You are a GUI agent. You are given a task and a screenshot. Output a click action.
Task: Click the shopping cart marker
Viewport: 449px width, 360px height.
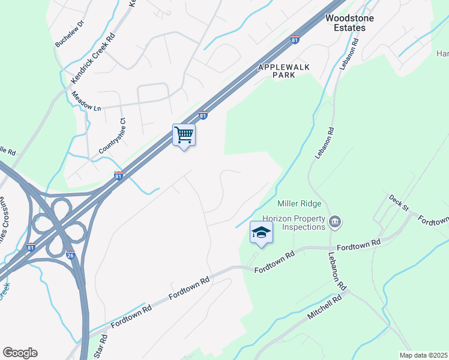[x=184, y=135]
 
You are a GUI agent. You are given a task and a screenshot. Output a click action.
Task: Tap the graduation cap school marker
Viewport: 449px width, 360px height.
[x=261, y=232]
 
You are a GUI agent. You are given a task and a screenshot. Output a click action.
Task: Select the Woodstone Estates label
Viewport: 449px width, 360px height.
[x=349, y=23]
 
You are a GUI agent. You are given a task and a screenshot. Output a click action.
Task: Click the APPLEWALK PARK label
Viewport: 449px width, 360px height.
[x=284, y=71]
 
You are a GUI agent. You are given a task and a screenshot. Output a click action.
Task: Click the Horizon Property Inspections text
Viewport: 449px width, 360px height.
[x=294, y=223]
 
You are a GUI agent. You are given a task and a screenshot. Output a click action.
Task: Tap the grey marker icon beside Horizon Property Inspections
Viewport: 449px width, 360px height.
[x=336, y=223]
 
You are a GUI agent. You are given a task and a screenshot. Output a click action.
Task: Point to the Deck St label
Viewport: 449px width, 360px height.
[x=398, y=203]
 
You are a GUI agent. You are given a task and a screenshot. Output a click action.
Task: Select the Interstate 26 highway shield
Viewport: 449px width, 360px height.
[x=70, y=254]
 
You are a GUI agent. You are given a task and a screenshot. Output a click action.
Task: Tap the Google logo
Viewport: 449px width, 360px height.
[x=20, y=353]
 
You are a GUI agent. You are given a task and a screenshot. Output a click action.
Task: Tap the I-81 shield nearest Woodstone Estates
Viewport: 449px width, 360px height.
[x=295, y=40]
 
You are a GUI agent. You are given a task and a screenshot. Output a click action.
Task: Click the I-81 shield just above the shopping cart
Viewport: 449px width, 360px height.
[x=203, y=115]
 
